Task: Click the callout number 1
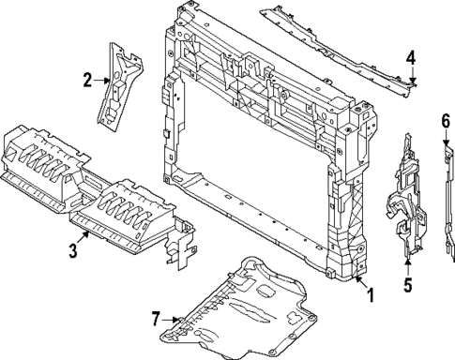click(x=370, y=295)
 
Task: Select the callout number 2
click(x=88, y=81)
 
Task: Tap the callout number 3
click(x=72, y=251)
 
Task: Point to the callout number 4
click(x=410, y=59)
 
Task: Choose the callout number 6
click(x=446, y=119)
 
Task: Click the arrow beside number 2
click(x=102, y=81)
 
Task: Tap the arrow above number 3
click(x=83, y=237)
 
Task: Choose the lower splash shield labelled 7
click(x=244, y=309)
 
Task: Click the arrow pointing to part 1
click(x=357, y=279)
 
